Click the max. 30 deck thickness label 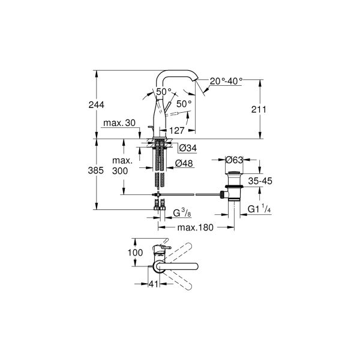(119, 123)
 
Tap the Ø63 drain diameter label (234, 160)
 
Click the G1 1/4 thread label (260, 210)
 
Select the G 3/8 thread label (182, 213)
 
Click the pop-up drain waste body (233, 186)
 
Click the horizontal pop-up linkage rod (192, 194)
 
